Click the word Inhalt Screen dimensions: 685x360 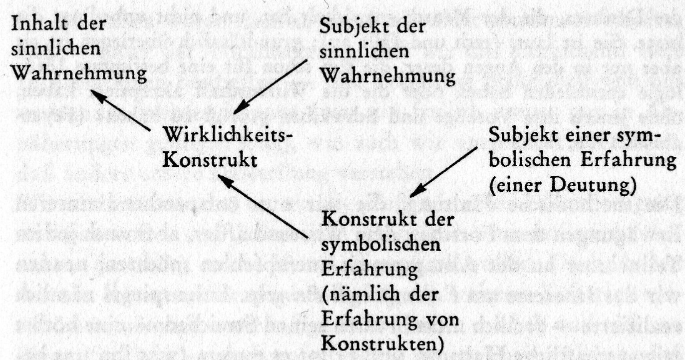(x=40, y=23)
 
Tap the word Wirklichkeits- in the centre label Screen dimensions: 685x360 (x=228, y=135)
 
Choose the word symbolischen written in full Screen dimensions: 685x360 (x=381, y=245)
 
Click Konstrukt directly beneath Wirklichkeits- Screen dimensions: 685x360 (x=210, y=160)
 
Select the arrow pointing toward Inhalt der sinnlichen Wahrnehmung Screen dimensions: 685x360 (x=120, y=110)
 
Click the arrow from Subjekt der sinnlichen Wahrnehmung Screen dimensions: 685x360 (x=270, y=87)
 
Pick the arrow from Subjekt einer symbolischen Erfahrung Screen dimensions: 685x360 (x=443, y=172)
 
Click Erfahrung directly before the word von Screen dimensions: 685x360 (x=369, y=320)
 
